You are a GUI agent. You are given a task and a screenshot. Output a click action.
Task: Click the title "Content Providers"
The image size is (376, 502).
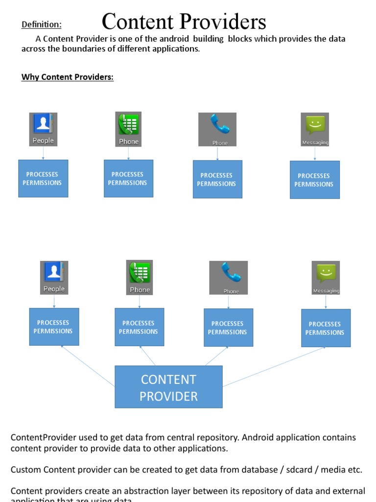(x=184, y=22)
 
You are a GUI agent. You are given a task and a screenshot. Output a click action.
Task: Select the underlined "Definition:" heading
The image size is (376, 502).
(x=42, y=25)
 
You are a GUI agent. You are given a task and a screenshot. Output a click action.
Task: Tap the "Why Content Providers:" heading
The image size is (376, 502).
(x=68, y=77)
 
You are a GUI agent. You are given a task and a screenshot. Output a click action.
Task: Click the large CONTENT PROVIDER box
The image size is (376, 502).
(x=168, y=387)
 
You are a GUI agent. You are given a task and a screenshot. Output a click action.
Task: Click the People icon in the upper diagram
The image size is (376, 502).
(x=43, y=129)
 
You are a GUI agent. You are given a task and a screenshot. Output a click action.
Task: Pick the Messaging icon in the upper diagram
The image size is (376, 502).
(x=315, y=129)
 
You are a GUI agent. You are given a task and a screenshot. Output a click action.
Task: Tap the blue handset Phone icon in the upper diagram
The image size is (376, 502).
(x=217, y=129)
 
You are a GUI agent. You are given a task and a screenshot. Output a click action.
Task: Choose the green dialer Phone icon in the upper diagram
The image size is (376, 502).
(x=128, y=129)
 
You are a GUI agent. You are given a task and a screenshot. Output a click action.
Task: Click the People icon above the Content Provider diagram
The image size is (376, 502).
(x=54, y=277)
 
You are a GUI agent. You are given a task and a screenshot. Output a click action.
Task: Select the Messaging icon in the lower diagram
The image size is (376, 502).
(x=326, y=277)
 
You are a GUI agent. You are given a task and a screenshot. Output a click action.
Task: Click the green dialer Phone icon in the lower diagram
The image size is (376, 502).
(x=140, y=277)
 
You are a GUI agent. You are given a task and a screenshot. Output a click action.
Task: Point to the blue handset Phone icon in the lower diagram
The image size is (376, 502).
(x=228, y=277)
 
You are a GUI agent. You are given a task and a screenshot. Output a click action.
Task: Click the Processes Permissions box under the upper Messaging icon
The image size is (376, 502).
(x=314, y=179)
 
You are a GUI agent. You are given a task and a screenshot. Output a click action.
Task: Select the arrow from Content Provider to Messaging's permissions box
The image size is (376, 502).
(x=274, y=366)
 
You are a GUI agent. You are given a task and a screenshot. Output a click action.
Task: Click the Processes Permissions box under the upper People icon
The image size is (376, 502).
(x=43, y=178)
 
